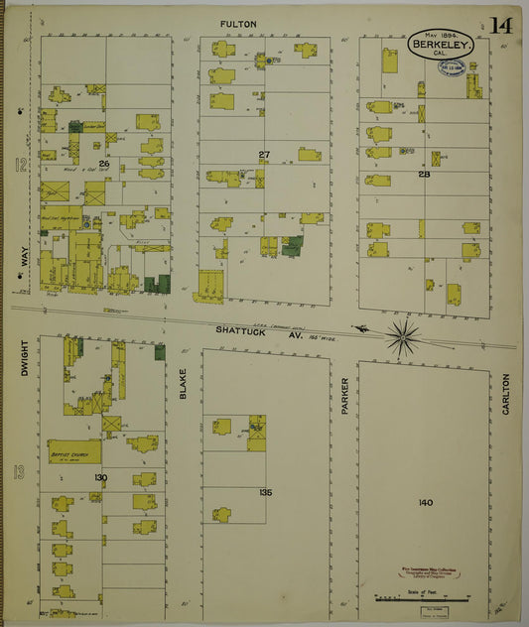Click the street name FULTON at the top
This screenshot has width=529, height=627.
coord(240,23)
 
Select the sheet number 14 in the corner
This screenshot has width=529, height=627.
coord(500,26)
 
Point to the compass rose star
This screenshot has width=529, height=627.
coord(402,337)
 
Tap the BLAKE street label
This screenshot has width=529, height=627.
coord(184,383)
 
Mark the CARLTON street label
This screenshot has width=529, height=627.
coord(505,394)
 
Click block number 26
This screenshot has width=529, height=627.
coord(103,162)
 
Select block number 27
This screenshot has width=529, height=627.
coord(264,155)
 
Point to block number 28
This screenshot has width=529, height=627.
coord(424,175)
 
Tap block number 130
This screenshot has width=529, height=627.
coord(100,478)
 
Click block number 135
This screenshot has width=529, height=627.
coord(265,492)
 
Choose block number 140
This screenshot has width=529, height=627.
coord(426,503)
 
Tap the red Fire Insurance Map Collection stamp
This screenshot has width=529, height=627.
coord(427,572)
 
